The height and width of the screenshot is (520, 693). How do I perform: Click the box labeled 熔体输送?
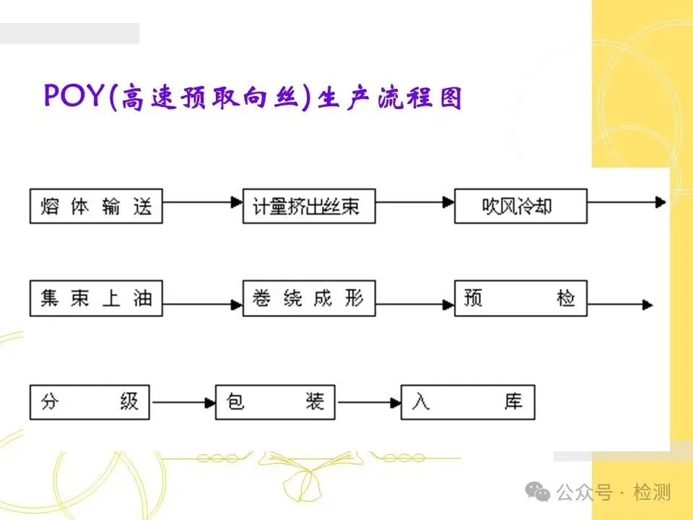pos(96,206)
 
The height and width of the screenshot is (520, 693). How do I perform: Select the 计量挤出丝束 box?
pos(309,206)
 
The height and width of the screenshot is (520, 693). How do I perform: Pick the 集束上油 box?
pos(96,298)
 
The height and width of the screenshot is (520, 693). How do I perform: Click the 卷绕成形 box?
pos(309,298)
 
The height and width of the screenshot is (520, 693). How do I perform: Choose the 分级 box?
pos(90,402)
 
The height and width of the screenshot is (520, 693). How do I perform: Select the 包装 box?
pos(275,402)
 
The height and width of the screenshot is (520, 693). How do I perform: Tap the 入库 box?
pos(468,402)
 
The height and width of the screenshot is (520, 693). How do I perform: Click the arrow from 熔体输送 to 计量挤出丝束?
pos(202,204)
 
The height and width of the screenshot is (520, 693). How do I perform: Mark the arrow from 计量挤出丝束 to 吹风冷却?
pos(414,204)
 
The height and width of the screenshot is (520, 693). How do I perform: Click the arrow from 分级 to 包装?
pos(182,402)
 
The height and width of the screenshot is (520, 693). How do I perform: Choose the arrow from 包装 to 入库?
pos(368,402)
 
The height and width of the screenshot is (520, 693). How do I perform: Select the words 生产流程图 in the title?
pos(390,97)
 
